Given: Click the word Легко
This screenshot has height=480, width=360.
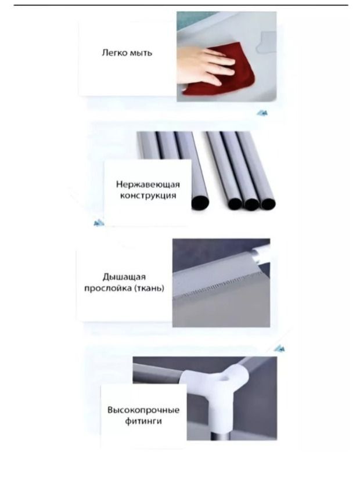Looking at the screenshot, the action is pyautogui.click(x=114, y=53).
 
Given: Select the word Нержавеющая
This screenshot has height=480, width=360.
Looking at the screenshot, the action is pyautogui.click(x=148, y=185).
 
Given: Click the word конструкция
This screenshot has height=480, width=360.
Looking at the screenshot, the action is pyautogui.click(x=148, y=196).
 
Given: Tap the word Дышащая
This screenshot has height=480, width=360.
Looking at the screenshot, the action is pyautogui.click(x=124, y=277).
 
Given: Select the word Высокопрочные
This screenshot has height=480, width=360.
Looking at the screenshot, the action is pyautogui.click(x=143, y=410).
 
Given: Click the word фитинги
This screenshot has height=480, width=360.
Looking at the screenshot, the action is pyautogui.click(x=143, y=421).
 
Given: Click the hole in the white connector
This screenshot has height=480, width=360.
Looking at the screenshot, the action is pyautogui.click(x=226, y=378).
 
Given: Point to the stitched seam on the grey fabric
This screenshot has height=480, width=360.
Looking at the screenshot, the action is pyautogui.click(x=221, y=286).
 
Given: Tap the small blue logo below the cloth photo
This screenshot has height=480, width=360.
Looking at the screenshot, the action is pyautogui.click(x=262, y=113).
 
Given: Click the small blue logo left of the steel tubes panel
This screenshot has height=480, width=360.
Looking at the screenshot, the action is pyautogui.click(x=99, y=223).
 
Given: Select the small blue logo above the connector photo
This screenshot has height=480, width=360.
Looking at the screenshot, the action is pyautogui.click(x=279, y=348).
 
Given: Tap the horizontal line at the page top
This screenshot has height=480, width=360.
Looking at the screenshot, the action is pyautogui.click(x=181, y=5).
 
